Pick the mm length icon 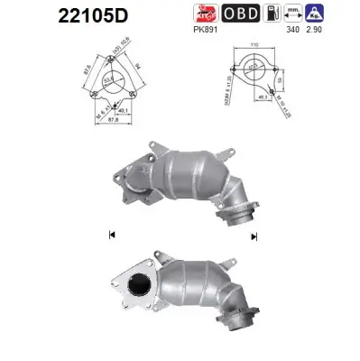[x=292, y=13]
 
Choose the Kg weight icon [x=315, y=13]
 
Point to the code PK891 [x=206, y=29]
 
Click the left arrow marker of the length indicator [x=111, y=235]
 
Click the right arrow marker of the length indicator [x=254, y=235]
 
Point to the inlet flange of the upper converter [x=129, y=180]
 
